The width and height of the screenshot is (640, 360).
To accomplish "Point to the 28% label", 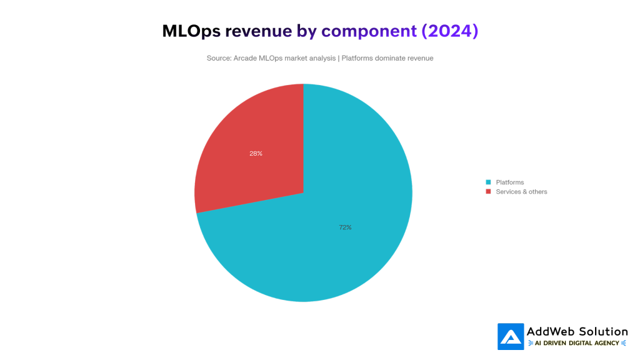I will coord(256,153).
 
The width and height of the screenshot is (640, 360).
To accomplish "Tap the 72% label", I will coord(345,227).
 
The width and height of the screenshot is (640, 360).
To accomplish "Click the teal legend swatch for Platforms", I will coord(488,182).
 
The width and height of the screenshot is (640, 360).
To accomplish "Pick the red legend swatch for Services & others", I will coord(488,191).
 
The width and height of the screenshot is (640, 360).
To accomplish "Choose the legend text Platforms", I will coord(510,182).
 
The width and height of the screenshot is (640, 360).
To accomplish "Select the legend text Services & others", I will coord(521,191).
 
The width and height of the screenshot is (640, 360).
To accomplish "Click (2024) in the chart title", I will coord(450,31).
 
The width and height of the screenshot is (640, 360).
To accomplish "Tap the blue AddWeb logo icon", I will coord(511,336).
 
